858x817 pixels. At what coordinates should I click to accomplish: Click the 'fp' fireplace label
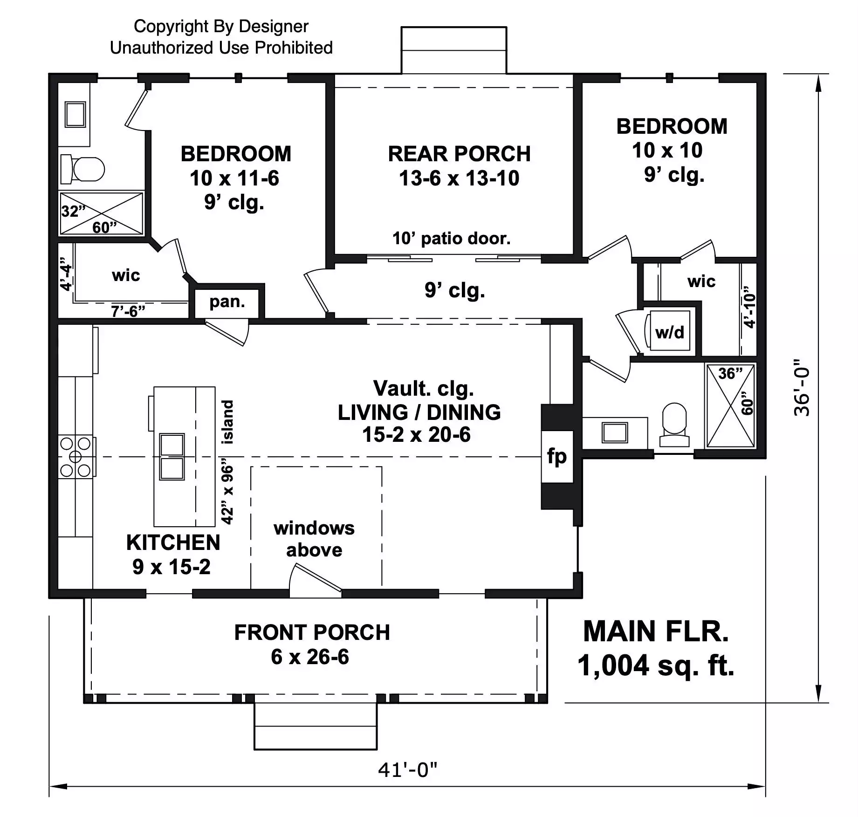(x=557, y=457)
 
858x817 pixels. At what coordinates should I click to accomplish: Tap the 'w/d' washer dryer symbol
(x=669, y=332)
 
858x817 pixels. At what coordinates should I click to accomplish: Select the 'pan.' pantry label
(x=227, y=302)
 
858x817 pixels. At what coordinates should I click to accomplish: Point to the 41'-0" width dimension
(x=408, y=770)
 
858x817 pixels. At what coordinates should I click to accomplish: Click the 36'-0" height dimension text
(x=802, y=387)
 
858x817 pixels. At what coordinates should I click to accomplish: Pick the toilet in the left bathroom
(x=82, y=169)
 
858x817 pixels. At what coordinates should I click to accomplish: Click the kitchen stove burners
(x=76, y=457)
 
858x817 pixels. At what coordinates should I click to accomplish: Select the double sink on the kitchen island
(x=172, y=457)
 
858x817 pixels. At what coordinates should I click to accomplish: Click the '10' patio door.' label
(x=451, y=239)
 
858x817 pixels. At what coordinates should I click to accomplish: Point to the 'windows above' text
(x=314, y=539)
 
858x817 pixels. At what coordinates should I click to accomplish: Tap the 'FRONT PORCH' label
(x=312, y=632)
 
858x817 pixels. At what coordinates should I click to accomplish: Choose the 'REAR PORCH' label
(x=459, y=154)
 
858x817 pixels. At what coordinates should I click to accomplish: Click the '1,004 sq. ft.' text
(x=656, y=665)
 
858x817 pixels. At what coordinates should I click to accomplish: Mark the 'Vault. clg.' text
(x=423, y=389)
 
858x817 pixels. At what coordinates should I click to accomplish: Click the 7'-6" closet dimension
(x=128, y=311)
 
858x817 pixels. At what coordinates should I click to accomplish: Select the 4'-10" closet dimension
(x=749, y=307)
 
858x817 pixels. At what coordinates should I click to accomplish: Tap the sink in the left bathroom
(x=75, y=114)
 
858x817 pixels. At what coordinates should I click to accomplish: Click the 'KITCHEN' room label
(x=173, y=543)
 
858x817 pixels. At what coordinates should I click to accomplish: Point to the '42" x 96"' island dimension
(x=227, y=494)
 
